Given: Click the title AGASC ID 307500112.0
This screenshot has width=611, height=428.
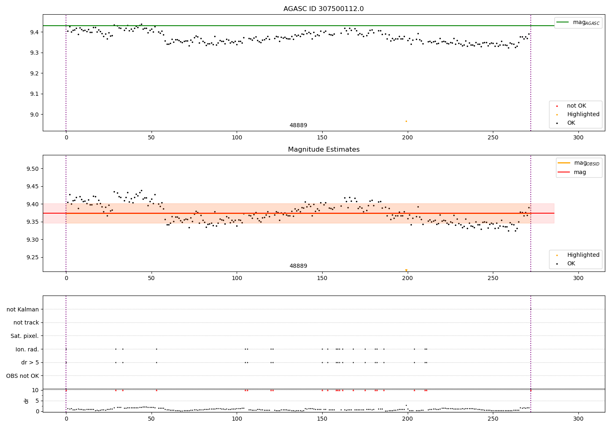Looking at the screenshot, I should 323,9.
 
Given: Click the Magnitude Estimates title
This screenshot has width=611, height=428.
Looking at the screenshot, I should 323,150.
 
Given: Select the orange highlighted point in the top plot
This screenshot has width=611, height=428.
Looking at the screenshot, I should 406,121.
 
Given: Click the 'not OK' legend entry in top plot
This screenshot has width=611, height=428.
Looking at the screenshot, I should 576,106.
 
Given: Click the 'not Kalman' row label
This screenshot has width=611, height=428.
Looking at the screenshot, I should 23,309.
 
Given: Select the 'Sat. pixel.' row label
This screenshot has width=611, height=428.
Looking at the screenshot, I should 24,336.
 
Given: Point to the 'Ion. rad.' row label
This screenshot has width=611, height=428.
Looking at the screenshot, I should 27,349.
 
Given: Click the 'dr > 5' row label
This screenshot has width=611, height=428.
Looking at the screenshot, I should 30,362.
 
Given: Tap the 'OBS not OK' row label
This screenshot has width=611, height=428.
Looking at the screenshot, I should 22,376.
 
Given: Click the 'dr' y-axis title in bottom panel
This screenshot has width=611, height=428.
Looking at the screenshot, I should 26,401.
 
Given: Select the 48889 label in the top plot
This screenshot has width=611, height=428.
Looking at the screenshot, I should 298,126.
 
